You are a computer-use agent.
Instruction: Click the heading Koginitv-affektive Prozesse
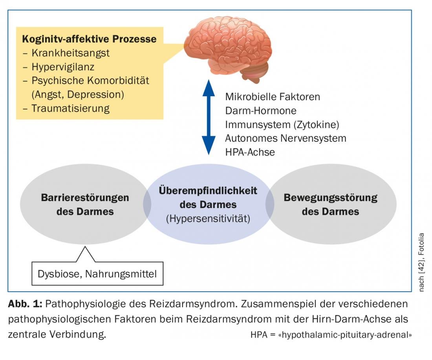coord(89,39)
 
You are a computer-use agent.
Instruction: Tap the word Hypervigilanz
coord(63,67)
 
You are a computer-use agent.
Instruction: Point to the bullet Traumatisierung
coord(71,108)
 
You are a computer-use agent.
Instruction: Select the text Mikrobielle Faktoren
coord(273,97)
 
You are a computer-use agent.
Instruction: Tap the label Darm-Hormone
coord(261,110)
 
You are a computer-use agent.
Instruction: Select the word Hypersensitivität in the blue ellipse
coord(208,218)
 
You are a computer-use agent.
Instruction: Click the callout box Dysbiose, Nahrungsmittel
coord(97,273)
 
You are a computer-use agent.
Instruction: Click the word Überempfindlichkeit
coord(208,191)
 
